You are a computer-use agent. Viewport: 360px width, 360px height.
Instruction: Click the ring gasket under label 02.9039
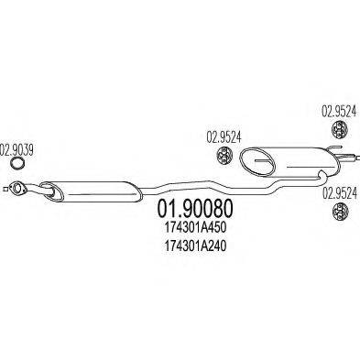(x=17, y=166)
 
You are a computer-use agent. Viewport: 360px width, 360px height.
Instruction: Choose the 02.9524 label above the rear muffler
(x=335, y=111)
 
